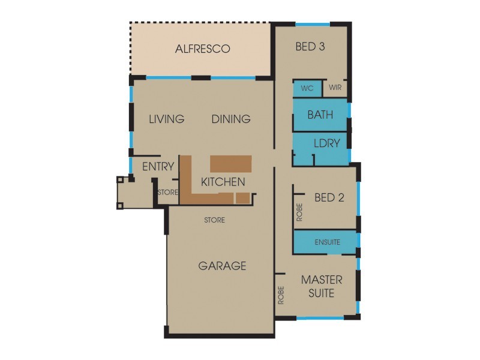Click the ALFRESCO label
(x=202, y=49)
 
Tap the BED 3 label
(x=310, y=47)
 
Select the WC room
(x=307, y=88)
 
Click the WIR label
(x=335, y=88)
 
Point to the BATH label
(x=320, y=115)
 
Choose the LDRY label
(x=327, y=143)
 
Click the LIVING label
(x=166, y=119)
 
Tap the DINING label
(x=231, y=119)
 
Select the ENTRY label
(x=158, y=167)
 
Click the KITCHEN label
(x=223, y=182)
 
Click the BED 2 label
(x=329, y=198)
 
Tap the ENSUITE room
(x=327, y=242)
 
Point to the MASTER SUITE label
(x=322, y=287)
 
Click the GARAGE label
(x=222, y=266)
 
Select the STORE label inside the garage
(x=214, y=220)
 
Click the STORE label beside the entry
(x=168, y=193)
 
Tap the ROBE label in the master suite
(x=281, y=295)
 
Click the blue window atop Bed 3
(x=312, y=24)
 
